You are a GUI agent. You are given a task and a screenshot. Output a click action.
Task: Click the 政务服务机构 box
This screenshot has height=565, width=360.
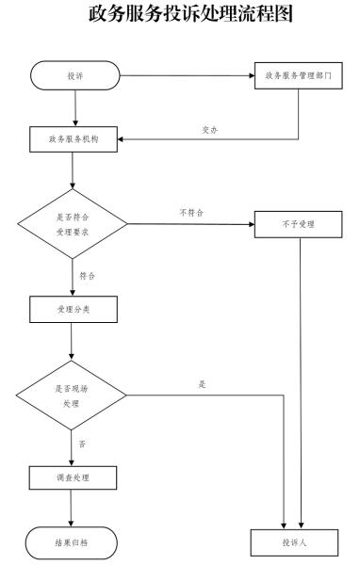click(74, 139)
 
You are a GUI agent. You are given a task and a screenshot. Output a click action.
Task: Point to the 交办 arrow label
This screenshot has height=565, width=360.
click(211, 131)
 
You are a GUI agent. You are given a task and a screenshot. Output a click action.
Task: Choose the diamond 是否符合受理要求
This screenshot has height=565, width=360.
click(74, 224)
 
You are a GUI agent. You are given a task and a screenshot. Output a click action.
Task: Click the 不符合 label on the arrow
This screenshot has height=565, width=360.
click(191, 214)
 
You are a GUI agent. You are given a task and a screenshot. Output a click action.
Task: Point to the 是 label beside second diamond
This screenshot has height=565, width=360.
click(202, 384)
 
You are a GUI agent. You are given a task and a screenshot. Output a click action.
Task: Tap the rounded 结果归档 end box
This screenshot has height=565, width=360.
click(74, 543)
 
